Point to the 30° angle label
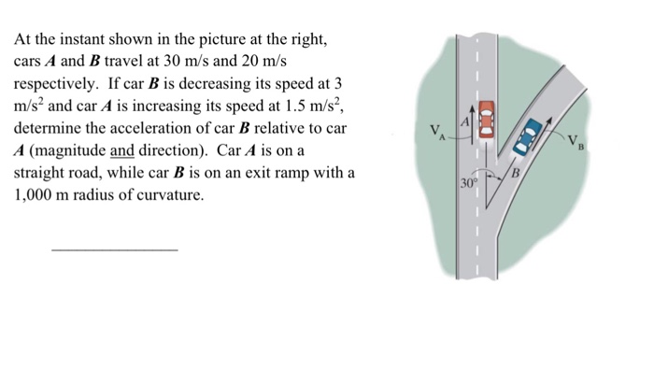468,183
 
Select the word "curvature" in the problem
171,196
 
